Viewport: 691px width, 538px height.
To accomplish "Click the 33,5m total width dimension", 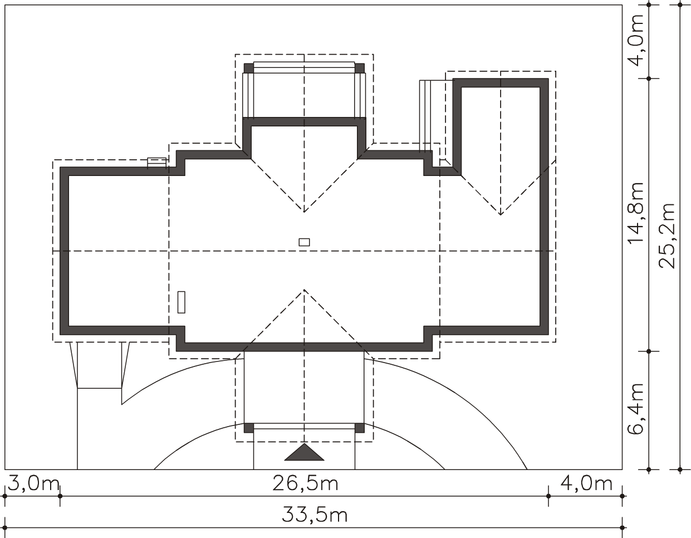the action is pos(315,515).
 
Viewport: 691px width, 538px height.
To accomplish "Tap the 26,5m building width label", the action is pos(305,484).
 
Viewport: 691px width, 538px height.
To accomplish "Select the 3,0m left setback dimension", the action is pos(33,483).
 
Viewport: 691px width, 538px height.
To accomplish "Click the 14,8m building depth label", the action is pos(636,214).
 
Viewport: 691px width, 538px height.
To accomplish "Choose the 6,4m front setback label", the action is pos(636,409).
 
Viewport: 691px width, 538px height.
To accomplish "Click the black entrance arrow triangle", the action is pos(305,452).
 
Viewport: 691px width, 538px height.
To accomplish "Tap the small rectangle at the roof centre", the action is pos(305,242).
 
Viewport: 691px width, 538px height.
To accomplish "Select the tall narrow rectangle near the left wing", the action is pos(182,302).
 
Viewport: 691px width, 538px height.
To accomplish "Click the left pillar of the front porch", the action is pos(249,428).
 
